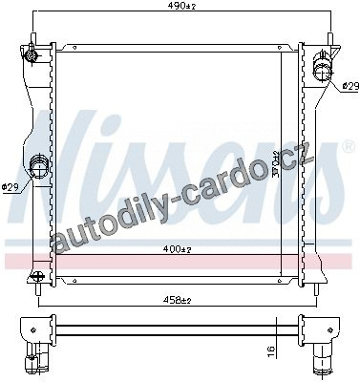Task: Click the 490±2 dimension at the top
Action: pyautogui.click(x=181, y=6)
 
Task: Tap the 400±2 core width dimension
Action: pyautogui.click(x=177, y=249)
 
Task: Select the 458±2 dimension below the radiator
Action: pyautogui.click(x=178, y=300)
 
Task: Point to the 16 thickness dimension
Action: pyautogui.click(x=270, y=352)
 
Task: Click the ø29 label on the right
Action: pyautogui.click(x=350, y=86)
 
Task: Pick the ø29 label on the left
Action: pyautogui.click(x=11, y=186)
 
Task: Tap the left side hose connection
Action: pyautogui.click(x=38, y=165)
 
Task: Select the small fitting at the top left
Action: pyautogui.click(x=32, y=55)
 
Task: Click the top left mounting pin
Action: pyautogui.click(x=32, y=39)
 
